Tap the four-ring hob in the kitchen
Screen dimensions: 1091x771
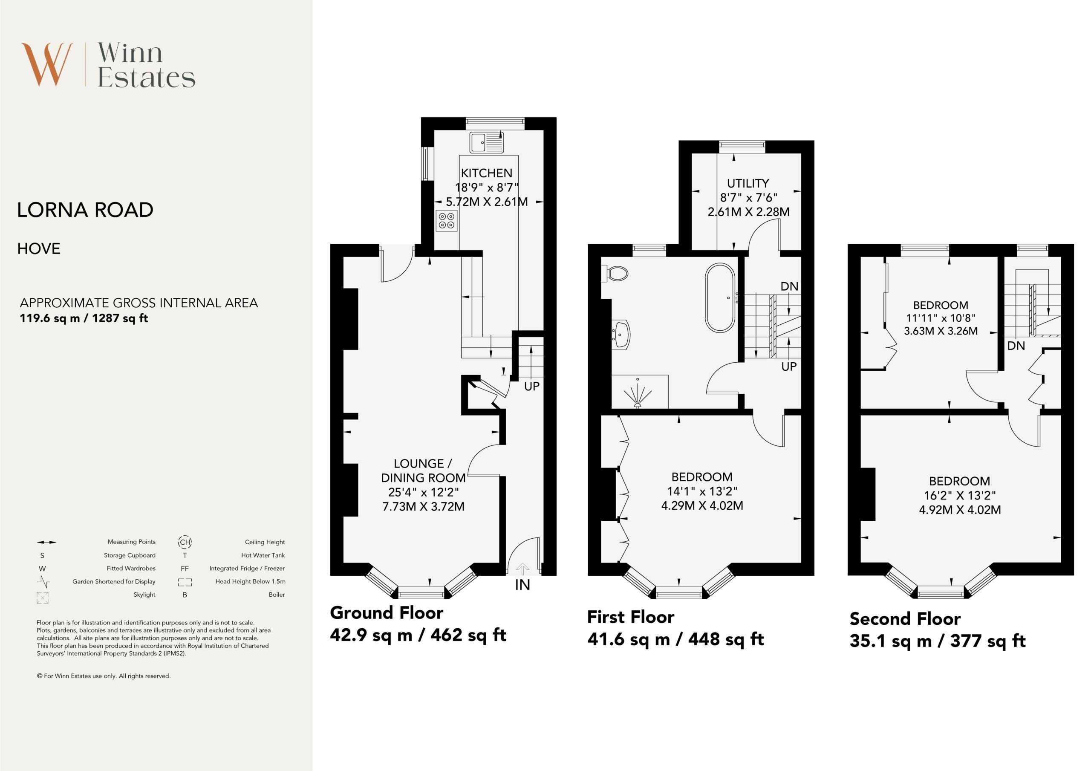[447, 220]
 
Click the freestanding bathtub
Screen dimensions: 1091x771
[720, 297]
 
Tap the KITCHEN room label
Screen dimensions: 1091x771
[487, 173]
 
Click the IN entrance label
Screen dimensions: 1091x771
[522, 585]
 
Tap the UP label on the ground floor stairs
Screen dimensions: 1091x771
[532, 387]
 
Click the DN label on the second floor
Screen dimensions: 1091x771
[1016, 346]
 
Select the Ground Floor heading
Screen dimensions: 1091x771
[387, 613]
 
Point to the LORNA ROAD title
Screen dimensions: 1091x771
[85, 210]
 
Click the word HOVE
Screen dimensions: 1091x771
[39, 248]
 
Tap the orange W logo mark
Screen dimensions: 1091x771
[47, 64]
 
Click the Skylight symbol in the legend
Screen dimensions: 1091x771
[42, 598]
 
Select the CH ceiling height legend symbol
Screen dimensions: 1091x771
[185, 542]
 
